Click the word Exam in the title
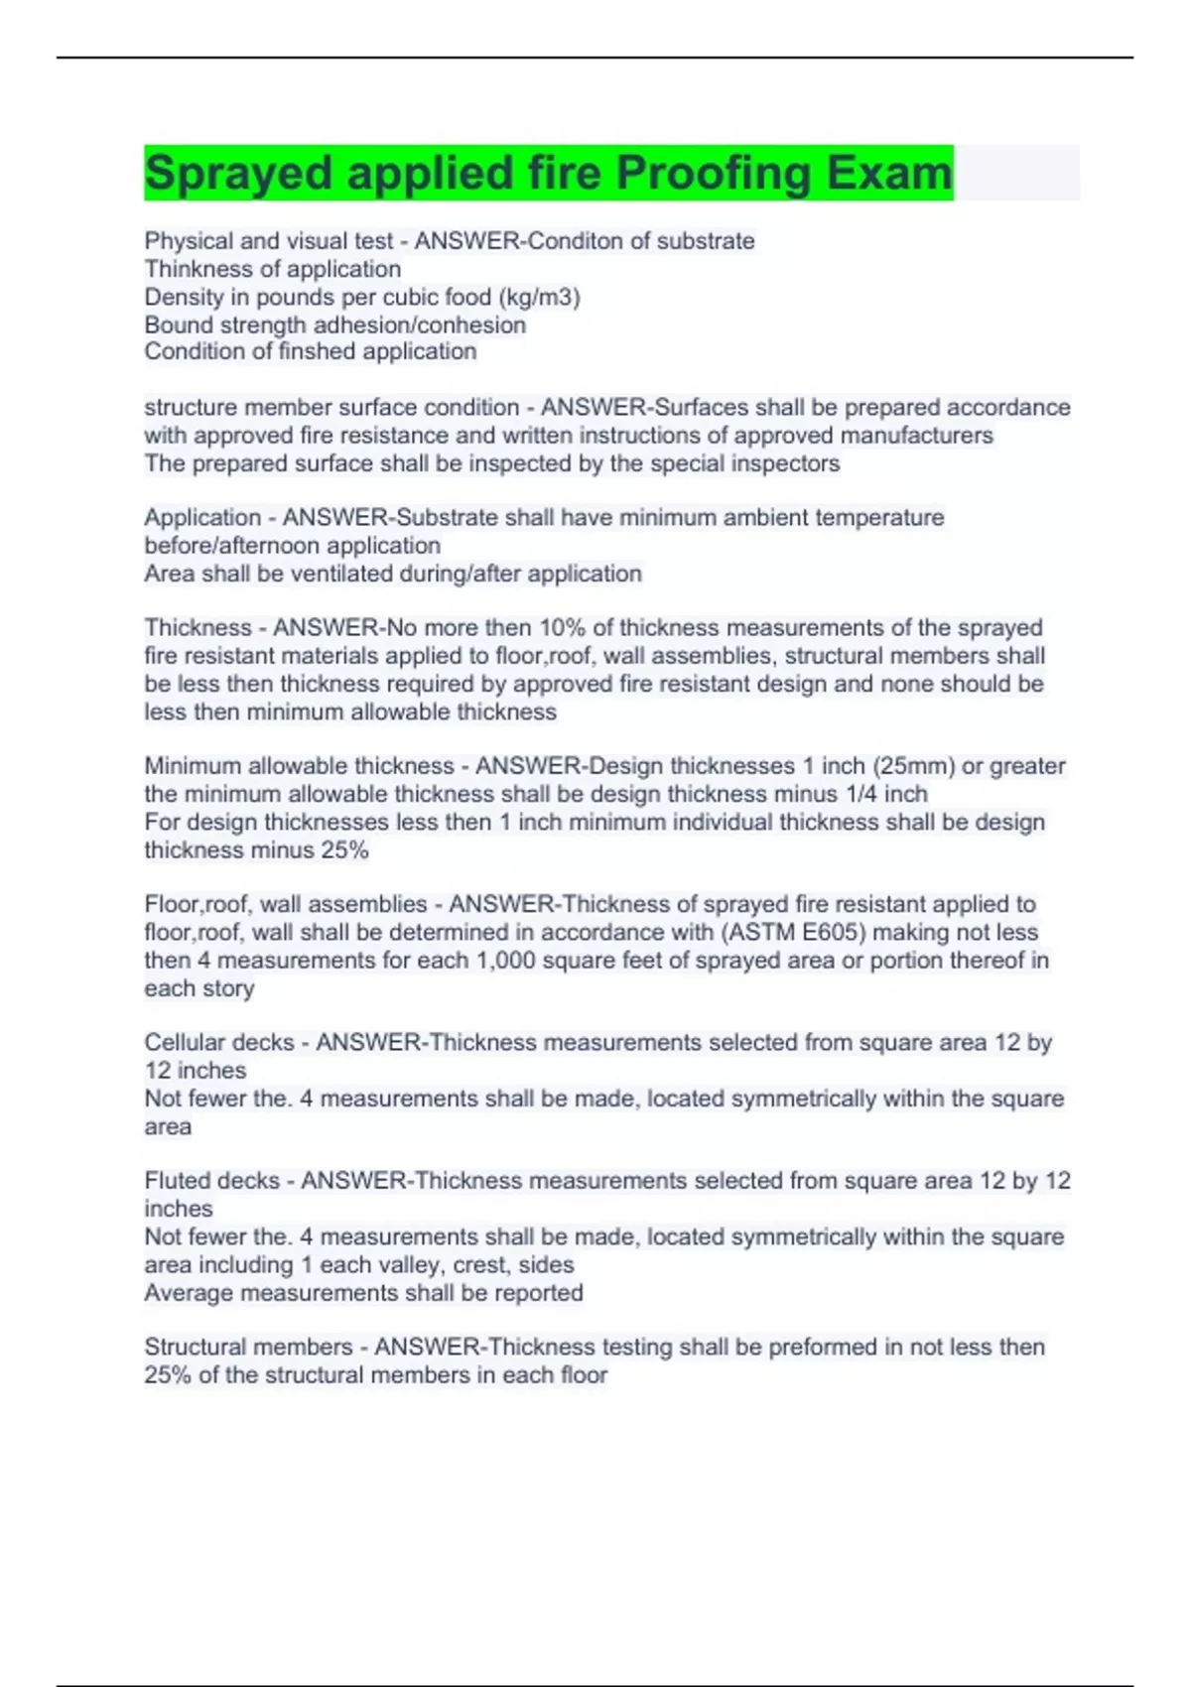point(888,173)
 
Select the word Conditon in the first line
point(585,241)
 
